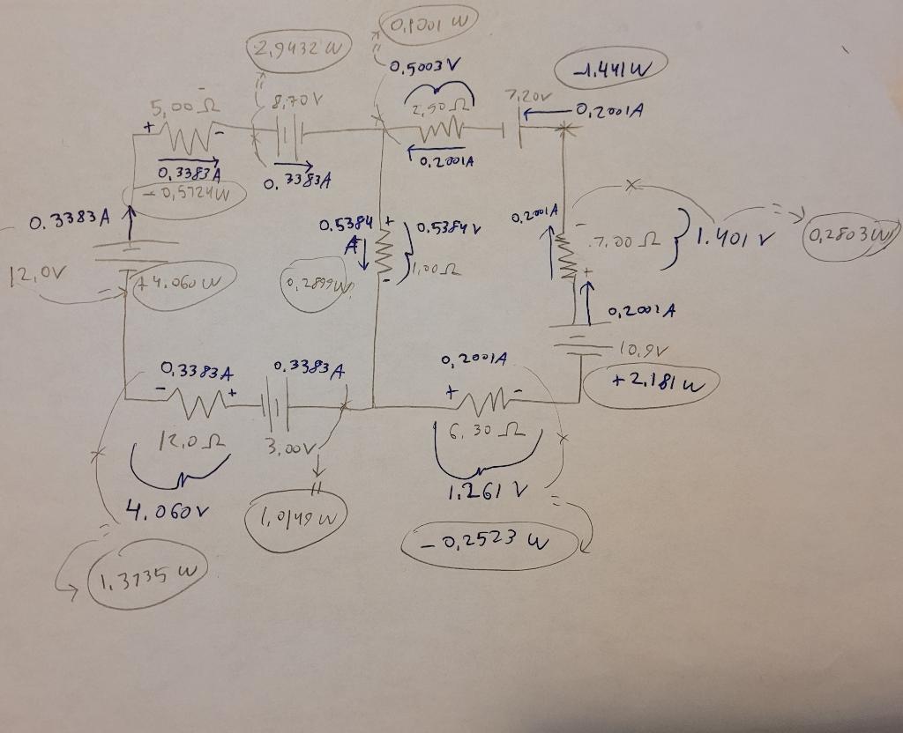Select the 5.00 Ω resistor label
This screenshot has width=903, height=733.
(x=175, y=109)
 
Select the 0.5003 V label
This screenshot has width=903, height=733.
(x=426, y=67)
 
